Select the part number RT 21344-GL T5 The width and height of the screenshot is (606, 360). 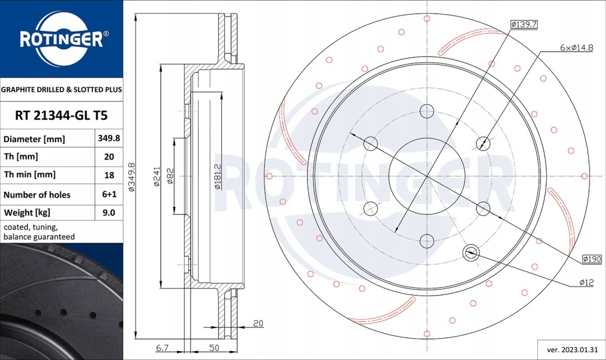[61, 115]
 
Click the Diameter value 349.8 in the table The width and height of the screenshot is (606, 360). [109, 139]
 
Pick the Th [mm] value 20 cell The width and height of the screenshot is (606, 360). [109, 157]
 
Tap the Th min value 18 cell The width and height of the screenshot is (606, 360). [109, 175]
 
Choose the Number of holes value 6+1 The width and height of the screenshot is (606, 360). [109, 194]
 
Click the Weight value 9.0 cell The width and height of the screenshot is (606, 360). [109, 213]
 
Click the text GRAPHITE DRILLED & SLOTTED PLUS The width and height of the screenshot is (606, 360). [62, 90]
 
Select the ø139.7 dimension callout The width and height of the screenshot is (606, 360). [523, 24]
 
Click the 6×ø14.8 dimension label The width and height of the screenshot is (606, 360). [576, 47]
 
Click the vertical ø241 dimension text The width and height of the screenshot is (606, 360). [157, 176]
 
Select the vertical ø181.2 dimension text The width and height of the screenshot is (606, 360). [218, 176]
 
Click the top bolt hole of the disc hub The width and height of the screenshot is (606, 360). [427, 111]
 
